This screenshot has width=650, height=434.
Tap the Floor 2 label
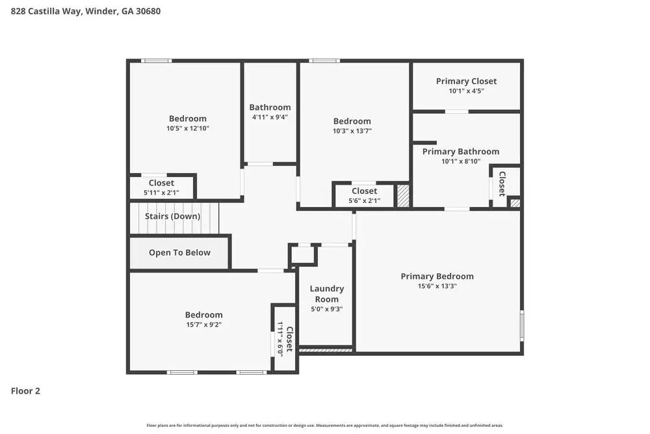coord(25,391)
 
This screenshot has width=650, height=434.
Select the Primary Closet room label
coord(466,81)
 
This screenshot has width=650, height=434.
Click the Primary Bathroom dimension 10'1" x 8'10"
coord(461,161)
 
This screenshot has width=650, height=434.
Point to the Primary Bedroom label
coord(437,277)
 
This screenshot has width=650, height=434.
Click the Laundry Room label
coord(326,293)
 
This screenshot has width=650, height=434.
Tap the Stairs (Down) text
coord(172,216)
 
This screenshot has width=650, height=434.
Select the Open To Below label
coord(179,252)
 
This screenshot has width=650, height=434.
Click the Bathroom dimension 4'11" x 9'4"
coord(270,117)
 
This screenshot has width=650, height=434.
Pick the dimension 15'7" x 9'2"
coord(203,324)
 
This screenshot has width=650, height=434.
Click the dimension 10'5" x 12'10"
coord(187,128)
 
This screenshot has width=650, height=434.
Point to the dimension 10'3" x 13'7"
coord(352,131)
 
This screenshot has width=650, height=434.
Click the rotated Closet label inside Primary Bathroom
coord(502,183)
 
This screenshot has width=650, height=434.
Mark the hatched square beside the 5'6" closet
coord(403,196)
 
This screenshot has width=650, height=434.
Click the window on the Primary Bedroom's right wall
coord(521,325)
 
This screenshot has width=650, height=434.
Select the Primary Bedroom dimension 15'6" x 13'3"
coord(437,286)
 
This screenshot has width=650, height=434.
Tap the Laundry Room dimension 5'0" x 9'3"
coord(326,309)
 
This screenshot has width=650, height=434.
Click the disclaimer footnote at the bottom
coord(325,425)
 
